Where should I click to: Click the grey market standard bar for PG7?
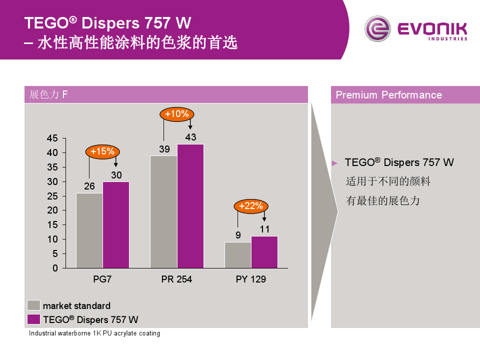(89, 230)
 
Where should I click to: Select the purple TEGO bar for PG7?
(116, 224)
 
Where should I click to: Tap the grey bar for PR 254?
(163, 211)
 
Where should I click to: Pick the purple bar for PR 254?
(190, 206)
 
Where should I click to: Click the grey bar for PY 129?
(238, 255)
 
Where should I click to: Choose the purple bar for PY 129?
(264, 252)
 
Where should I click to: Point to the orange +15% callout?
(103, 151)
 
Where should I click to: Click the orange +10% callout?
(177, 114)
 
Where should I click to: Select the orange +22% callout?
(251, 206)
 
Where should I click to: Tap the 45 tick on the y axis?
(52, 138)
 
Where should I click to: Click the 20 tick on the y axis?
(52, 210)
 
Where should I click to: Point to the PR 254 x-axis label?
(176, 279)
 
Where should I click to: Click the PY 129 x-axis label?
(251, 279)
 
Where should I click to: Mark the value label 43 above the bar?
(190, 137)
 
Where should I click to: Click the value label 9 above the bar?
(238, 235)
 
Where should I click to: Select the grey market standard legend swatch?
(33, 305)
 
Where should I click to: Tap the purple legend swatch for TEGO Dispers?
(33, 319)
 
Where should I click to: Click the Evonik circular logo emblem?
(377, 29)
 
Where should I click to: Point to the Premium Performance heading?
(389, 95)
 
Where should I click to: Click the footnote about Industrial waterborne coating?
(94, 333)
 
